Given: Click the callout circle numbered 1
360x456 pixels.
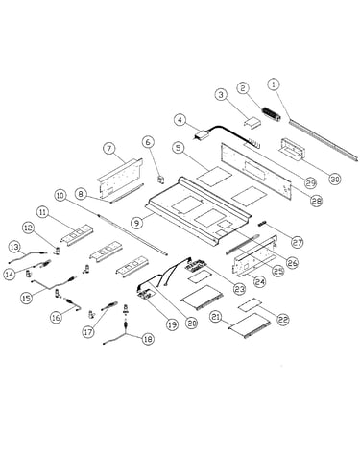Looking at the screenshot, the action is pos(274,84).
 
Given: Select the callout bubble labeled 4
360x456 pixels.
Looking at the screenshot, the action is pos(180,120).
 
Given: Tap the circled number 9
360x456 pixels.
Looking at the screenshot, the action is pos(137,222).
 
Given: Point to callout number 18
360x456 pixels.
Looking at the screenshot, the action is pos(148,339).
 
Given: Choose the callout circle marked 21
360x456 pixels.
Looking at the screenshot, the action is pos(216,317).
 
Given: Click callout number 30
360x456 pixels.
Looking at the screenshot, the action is pos(335,179).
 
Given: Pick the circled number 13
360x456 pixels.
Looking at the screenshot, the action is pos(14,247).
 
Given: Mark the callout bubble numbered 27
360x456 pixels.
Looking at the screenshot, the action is pos(298,242).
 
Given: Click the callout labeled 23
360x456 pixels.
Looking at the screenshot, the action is pos(239,289).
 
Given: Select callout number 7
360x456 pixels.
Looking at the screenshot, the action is pos(109,149).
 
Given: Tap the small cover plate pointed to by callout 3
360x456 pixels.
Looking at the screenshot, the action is pos(252,123).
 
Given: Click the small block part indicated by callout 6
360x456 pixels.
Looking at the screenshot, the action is pos(160,180).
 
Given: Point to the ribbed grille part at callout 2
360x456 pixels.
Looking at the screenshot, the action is pos(272,114).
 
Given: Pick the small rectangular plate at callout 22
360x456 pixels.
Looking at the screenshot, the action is pos(252,304).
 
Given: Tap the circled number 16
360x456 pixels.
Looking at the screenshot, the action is pos(56,317).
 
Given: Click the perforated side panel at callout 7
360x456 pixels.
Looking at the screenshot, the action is pos(119,180).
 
